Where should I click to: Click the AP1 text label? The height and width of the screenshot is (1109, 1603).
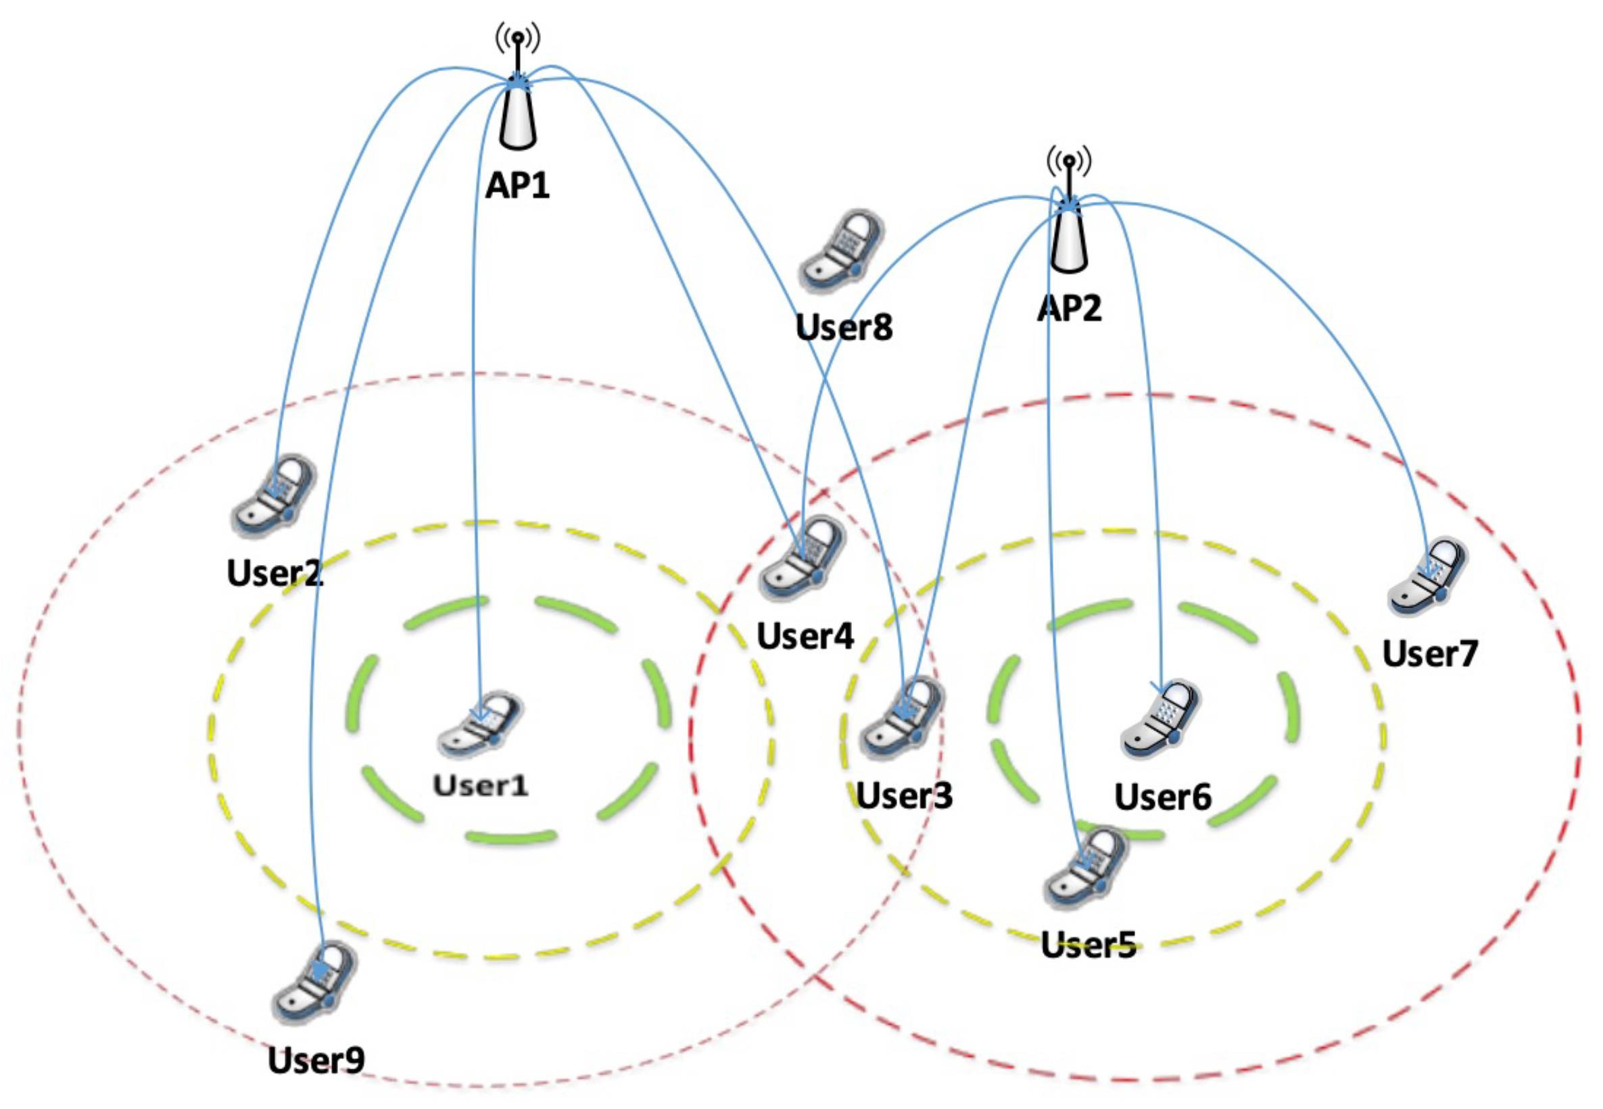coord(517,185)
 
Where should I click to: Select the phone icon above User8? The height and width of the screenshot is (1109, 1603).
coord(842,251)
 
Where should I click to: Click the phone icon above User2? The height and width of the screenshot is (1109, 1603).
coord(273,496)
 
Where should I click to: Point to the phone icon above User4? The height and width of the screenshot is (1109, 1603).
coord(803,558)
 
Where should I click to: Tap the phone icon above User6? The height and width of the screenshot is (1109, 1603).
coord(1161,720)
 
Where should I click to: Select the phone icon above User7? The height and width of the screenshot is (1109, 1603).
coord(1428,576)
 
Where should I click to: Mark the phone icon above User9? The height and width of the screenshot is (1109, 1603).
coord(314,983)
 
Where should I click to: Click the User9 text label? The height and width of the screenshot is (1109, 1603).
coord(316,1060)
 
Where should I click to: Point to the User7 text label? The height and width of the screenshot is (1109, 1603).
coord(1430,654)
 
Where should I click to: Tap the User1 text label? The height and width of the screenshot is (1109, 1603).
coord(480,786)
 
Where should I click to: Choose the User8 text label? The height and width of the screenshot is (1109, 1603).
coord(843,327)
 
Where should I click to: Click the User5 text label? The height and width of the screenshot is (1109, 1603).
coord(1088,945)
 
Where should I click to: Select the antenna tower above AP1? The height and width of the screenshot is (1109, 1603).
coord(517,91)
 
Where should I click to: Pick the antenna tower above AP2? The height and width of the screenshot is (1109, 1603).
coord(1068,214)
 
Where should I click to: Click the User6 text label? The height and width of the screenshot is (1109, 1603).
coord(1162,796)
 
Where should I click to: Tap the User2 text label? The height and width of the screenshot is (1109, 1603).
coord(274,573)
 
